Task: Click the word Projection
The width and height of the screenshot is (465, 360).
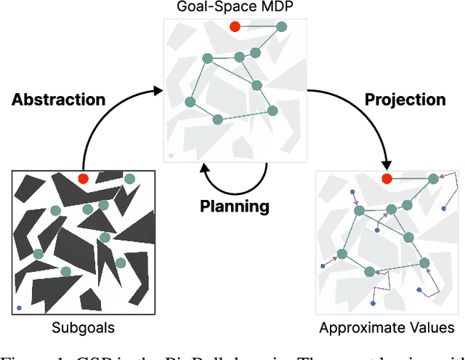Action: [x=405, y=100]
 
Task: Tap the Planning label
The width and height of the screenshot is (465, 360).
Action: [x=235, y=207]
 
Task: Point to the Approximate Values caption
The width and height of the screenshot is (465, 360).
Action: [x=387, y=328]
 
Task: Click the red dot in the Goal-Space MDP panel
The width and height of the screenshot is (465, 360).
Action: [x=235, y=27]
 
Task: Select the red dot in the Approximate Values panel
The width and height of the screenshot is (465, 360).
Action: [x=387, y=179]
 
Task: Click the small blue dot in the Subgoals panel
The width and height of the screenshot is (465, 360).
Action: [x=19, y=308]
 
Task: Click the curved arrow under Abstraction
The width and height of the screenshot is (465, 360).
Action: [x=109, y=124]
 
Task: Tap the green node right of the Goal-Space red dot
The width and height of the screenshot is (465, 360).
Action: [x=280, y=27]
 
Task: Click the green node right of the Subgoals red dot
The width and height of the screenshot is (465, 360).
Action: [x=129, y=179]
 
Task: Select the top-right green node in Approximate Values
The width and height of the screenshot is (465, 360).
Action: [x=433, y=179]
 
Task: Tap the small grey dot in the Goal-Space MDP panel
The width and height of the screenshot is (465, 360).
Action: [x=171, y=155]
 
